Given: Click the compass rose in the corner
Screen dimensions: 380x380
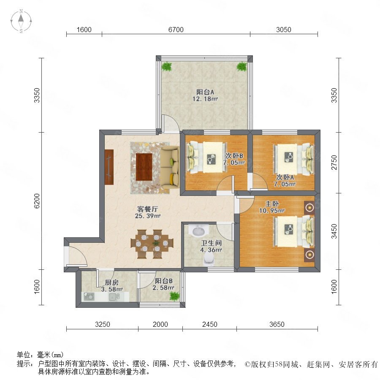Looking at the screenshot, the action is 21,21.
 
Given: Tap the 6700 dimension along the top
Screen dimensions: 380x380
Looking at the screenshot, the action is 176,30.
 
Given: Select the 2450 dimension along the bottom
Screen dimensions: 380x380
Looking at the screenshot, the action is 209,324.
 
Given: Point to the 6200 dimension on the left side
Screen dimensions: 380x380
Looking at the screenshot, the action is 37,201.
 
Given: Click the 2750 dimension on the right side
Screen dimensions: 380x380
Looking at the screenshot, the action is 334,163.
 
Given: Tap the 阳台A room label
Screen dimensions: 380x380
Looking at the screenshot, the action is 205,92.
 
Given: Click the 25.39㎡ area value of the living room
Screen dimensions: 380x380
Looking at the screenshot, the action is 148,216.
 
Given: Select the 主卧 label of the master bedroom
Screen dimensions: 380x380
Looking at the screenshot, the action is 271,204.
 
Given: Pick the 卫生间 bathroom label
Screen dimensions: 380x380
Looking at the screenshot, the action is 212,243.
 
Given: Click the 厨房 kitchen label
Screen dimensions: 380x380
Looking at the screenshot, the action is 112,282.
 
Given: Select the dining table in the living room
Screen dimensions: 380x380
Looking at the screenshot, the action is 152,244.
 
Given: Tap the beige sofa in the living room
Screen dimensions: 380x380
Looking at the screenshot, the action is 169,167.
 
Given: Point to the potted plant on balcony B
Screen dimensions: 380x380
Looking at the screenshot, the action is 174,296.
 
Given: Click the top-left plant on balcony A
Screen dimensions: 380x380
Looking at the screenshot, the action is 166,66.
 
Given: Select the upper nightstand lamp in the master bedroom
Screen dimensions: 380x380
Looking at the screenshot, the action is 309,208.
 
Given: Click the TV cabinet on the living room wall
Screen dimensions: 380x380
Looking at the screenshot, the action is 109,167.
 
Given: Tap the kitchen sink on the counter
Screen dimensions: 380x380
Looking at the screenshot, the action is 114,296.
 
